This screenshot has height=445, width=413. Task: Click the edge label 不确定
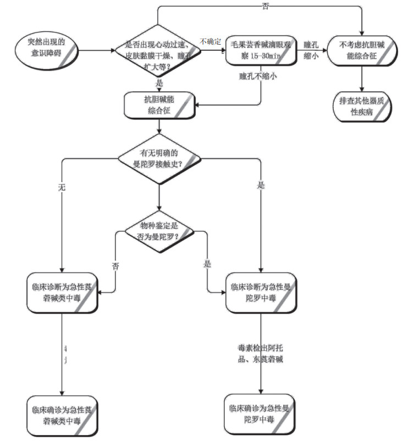211,42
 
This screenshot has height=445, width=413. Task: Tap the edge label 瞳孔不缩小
257,77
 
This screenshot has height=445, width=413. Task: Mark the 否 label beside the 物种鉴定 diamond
115,266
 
